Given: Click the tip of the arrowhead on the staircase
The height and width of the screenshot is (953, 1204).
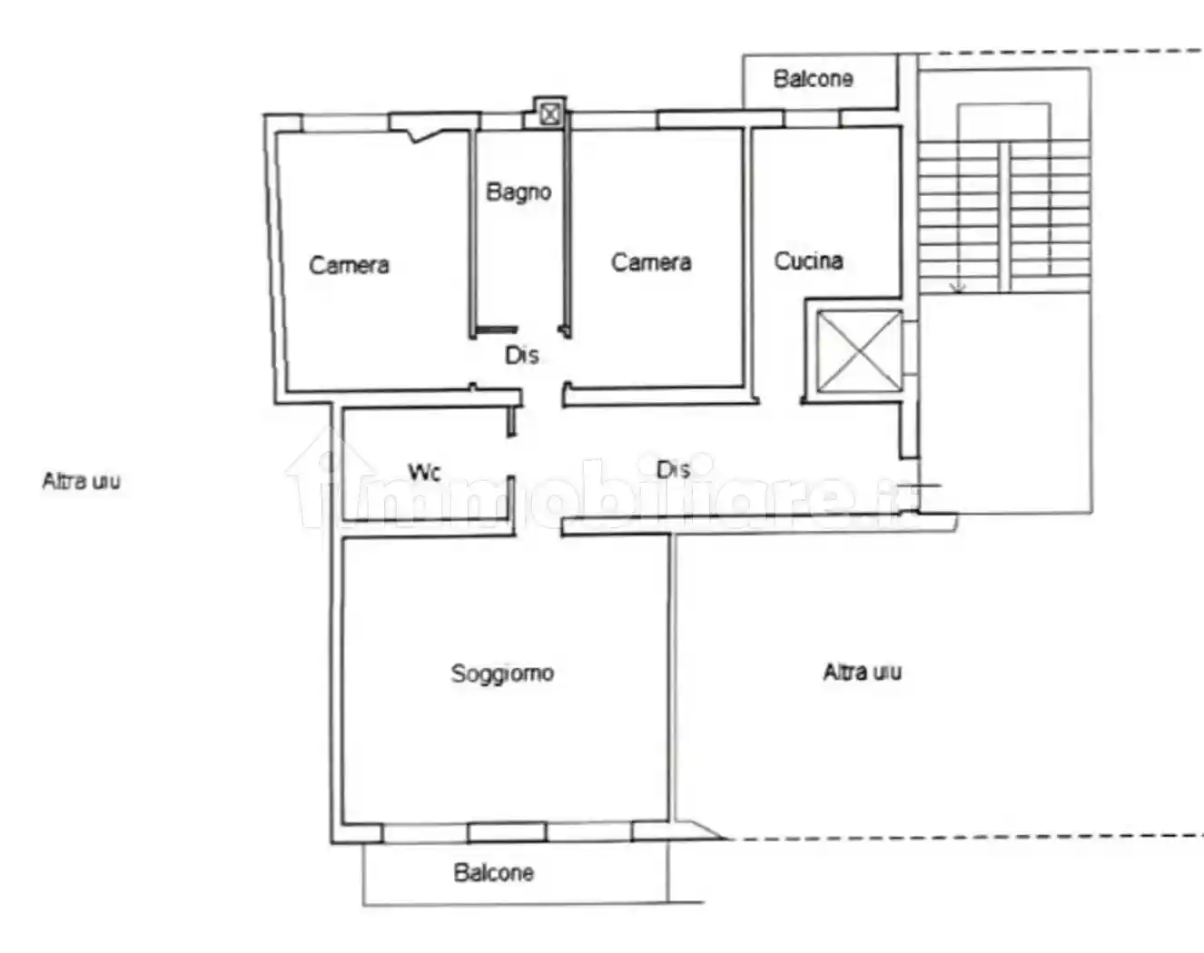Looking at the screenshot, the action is (x=958, y=293).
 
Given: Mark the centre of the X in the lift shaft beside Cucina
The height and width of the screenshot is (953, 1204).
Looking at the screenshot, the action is (x=859, y=352).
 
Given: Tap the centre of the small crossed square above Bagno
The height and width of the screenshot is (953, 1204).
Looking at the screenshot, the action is (x=550, y=114).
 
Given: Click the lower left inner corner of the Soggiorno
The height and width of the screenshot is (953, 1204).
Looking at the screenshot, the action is (x=342, y=823).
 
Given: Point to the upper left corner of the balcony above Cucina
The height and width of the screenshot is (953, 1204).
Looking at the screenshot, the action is (x=744, y=54).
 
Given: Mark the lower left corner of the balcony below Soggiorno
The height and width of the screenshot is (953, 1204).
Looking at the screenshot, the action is (x=364, y=904).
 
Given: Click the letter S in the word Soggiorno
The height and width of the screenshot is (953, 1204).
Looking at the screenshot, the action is (x=457, y=673).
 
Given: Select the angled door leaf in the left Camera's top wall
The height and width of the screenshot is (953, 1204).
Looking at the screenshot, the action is (x=429, y=135).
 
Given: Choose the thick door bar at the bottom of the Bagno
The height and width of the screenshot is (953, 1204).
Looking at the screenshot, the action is (x=496, y=329).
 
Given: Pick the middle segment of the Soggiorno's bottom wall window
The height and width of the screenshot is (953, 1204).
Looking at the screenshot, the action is (x=507, y=832).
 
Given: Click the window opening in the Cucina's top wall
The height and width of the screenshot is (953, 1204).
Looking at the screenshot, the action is (x=812, y=119).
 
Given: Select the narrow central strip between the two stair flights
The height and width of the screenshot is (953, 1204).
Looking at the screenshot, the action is (x=1004, y=217).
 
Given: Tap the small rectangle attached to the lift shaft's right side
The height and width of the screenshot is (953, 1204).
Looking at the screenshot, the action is (x=911, y=348).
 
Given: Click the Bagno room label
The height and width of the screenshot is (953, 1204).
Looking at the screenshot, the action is (x=518, y=192).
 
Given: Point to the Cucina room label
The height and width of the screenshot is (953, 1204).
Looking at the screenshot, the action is (x=808, y=260).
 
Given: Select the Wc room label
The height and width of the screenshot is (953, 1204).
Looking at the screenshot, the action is (x=425, y=472).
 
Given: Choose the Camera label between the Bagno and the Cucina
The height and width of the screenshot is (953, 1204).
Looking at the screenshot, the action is (x=651, y=262).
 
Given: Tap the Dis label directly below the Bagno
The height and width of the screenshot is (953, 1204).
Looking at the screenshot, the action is (x=521, y=355).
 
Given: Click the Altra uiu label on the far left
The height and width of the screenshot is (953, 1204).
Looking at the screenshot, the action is (x=82, y=481).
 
